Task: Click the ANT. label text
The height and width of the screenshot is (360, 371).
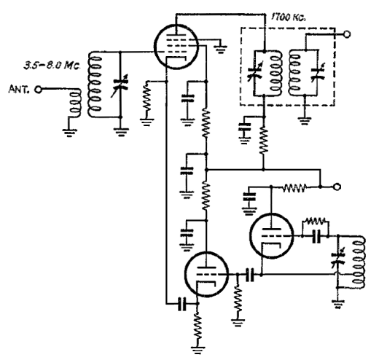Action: (x=19, y=89)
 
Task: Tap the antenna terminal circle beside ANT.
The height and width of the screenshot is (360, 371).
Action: (x=38, y=90)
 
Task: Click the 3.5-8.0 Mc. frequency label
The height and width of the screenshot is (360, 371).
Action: (x=52, y=66)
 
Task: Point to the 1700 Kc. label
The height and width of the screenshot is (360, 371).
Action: (x=289, y=17)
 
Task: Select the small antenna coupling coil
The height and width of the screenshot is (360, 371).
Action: (x=76, y=103)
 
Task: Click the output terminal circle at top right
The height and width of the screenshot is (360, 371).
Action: (x=347, y=34)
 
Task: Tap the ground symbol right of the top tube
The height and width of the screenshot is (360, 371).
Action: (x=221, y=49)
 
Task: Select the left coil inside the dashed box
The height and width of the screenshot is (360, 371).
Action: (x=276, y=73)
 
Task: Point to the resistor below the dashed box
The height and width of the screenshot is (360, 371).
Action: (x=264, y=141)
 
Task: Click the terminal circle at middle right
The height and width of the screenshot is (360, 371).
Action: (x=337, y=187)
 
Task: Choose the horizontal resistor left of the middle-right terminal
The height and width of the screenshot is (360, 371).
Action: (x=294, y=187)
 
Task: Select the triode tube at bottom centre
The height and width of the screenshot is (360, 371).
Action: (x=206, y=275)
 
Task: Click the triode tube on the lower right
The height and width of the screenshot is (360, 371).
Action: (x=272, y=235)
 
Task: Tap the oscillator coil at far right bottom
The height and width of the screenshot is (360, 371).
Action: (x=358, y=262)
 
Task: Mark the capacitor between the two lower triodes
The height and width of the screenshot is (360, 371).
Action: (x=250, y=275)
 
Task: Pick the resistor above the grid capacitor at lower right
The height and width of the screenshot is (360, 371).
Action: (x=316, y=222)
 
